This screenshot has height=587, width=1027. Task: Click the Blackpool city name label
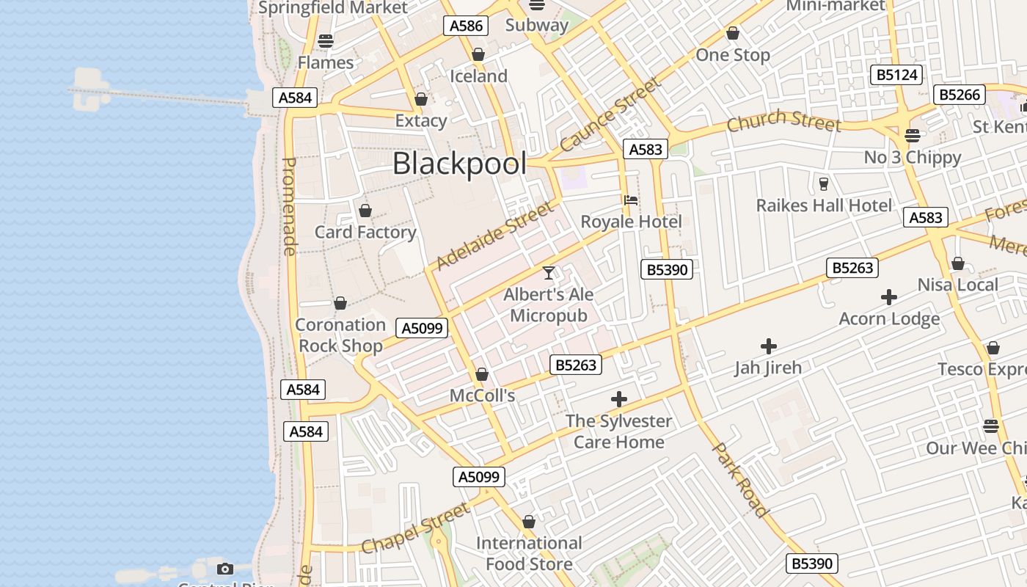tap(459, 164)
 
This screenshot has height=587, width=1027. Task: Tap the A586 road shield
tap(466, 26)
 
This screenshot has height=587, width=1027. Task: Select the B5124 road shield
tap(896, 74)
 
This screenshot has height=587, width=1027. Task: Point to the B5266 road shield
tap(960, 94)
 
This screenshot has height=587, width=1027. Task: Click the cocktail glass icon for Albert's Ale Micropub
tap(549, 273)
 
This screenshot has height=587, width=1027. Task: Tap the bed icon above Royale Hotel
tap(630, 200)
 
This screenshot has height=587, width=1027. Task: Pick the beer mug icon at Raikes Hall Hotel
tap(823, 183)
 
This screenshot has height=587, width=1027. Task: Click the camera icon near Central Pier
tap(225, 569)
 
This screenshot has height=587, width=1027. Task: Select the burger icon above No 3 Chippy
tap(913, 136)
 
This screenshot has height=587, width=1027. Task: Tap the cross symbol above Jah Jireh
tap(769, 346)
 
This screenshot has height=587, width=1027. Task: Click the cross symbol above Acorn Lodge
tap(889, 297)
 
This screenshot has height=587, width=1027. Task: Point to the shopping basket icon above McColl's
tap(482, 374)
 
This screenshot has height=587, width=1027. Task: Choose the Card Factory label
tap(365, 232)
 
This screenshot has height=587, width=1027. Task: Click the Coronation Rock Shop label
tap(340, 335)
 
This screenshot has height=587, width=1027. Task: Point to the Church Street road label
tap(783, 120)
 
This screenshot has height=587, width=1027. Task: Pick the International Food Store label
tap(529, 553)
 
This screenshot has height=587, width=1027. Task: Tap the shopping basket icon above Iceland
tap(478, 55)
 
